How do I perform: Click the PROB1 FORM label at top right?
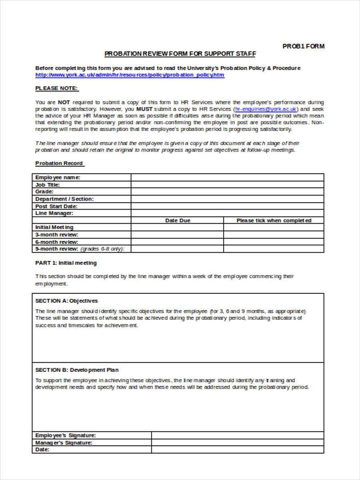tap(303, 46)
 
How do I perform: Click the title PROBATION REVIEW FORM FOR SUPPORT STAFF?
tap(180, 54)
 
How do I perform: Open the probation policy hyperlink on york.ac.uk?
tap(130, 75)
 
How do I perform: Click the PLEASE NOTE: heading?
tap(57, 88)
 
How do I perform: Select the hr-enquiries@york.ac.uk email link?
tap(266, 109)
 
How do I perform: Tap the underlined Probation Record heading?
tap(60, 163)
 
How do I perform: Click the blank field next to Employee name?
tap(227, 177)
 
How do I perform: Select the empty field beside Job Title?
tap(227, 184)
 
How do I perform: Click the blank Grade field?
tap(227, 192)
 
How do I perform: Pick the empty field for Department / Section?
tap(227, 199)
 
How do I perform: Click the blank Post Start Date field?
tap(227, 206)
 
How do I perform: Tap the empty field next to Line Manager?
tap(227, 213)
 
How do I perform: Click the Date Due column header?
tap(178, 220)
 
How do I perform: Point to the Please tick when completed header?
tap(274, 220)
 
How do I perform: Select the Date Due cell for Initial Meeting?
tap(177, 227)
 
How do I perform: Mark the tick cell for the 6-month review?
tap(274, 242)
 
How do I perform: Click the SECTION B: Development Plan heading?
tap(77, 370)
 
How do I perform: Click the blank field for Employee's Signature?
tap(238, 435)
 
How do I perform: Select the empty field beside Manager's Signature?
tap(238, 442)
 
